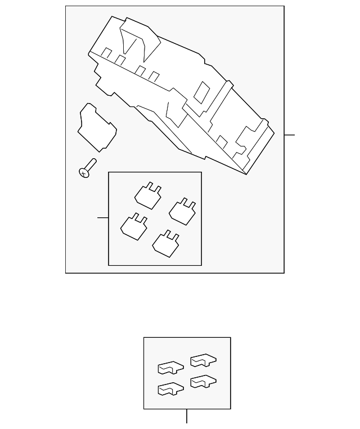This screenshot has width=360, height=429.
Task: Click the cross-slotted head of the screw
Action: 84,173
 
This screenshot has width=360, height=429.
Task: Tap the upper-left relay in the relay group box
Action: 148,195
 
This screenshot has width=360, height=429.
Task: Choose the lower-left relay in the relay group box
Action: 134,226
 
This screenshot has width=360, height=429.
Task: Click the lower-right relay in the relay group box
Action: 166,243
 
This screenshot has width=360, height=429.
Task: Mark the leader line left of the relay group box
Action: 103,217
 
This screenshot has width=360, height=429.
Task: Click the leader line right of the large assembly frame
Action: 289,135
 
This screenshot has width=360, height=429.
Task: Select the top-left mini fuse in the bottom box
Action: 170,368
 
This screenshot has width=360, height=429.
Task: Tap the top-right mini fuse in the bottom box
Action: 203,360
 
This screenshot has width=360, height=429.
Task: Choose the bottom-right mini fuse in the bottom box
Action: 203,381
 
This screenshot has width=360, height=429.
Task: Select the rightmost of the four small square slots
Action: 154,77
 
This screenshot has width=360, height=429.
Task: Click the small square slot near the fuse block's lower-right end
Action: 222,141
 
